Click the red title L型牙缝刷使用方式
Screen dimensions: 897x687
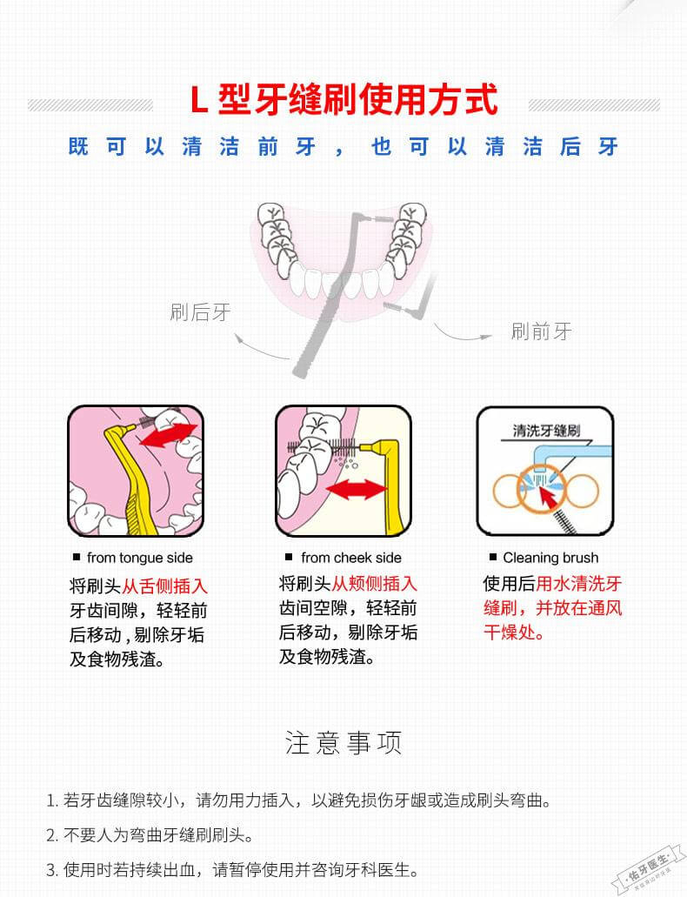[x=343, y=100]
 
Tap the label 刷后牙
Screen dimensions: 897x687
[x=201, y=312]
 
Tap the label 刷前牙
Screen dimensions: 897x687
[x=542, y=331]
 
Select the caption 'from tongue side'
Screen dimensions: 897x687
[x=140, y=558]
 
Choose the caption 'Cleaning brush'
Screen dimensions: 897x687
[x=550, y=558]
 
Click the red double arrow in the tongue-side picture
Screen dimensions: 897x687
[x=168, y=436]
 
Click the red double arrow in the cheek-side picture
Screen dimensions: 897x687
[x=355, y=489]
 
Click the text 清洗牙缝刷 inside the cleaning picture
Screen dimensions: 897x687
[x=547, y=431]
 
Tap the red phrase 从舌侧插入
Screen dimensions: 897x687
[x=164, y=586]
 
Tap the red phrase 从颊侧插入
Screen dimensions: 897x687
[x=374, y=583]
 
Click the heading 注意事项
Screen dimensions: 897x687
[x=343, y=743]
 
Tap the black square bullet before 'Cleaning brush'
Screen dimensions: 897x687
[x=493, y=557]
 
